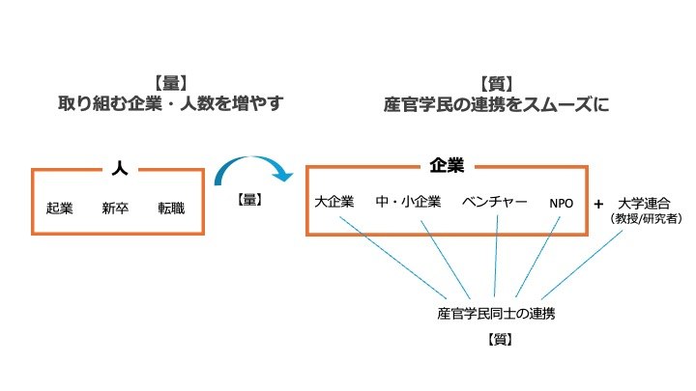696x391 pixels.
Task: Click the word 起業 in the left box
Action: (60, 208)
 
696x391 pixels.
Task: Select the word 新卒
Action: (116, 208)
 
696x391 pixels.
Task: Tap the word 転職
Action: (172, 208)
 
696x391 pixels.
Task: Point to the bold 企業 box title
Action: (447, 166)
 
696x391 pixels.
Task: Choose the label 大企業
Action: (334, 202)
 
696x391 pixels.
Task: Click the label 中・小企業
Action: (408, 202)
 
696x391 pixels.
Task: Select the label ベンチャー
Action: (495, 202)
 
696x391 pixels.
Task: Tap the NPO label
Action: (562, 203)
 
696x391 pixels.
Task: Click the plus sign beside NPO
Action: (599, 203)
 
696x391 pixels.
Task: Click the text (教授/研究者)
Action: (647, 219)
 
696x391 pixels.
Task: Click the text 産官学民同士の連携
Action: (496, 314)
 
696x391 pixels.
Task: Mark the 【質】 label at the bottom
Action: (496, 340)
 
